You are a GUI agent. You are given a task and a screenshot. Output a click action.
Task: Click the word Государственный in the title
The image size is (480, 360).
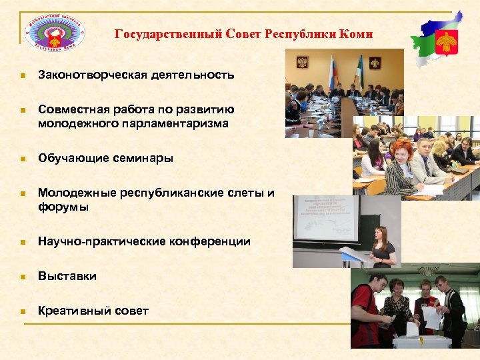pos(155,34)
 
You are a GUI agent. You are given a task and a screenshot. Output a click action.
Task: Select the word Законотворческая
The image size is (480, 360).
pos(92,75)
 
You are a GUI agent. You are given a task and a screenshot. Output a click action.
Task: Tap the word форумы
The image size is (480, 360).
pos(63,207)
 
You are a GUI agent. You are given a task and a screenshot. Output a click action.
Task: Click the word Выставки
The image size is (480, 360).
pos(67,276)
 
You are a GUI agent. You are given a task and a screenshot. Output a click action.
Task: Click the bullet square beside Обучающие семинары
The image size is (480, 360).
pos(22,159)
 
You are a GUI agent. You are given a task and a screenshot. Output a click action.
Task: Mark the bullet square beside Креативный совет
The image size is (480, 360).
pos(22,311)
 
